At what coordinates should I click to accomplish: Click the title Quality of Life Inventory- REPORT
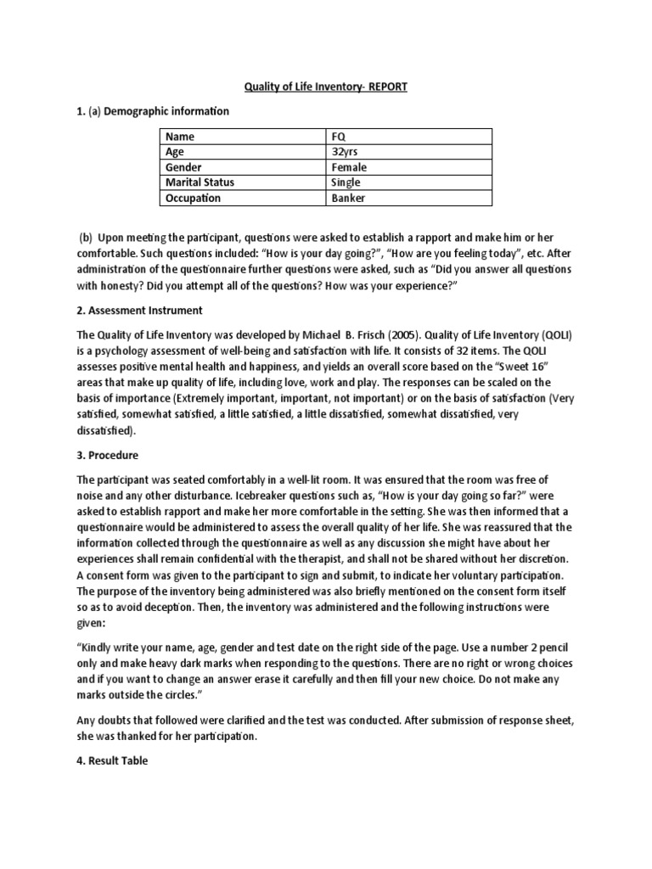tap(325, 87)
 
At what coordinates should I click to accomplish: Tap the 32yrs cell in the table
tap(346, 152)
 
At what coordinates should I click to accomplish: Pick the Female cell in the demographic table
tap(349, 167)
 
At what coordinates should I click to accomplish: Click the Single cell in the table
tap(346, 182)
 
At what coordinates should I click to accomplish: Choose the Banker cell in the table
tap(347, 198)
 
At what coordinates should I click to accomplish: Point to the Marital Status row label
tap(200, 182)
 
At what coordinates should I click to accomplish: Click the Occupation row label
tap(193, 198)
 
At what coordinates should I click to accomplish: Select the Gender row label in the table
tap(183, 167)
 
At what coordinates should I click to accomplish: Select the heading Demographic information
tap(175, 111)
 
